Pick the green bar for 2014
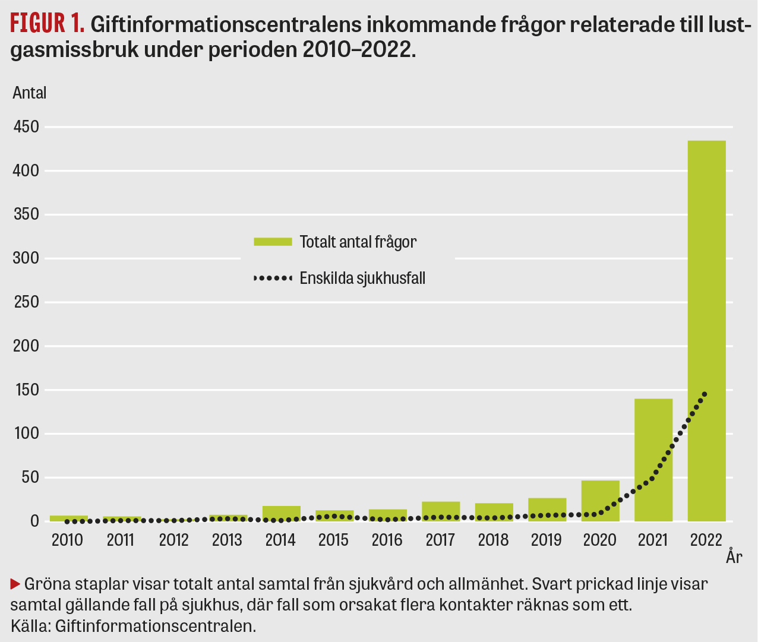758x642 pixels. tap(282, 514)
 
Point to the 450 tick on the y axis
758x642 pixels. tap(26, 127)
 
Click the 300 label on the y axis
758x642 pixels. tap(26, 258)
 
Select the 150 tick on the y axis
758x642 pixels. tap(26, 390)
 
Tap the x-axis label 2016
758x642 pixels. tap(387, 540)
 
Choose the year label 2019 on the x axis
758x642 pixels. tap(547, 540)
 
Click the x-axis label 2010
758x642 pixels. tap(67, 540)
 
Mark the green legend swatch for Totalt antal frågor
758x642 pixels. tap(273, 242)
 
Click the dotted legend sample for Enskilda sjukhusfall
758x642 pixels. tap(273, 277)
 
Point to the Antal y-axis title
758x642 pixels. tap(30, 93)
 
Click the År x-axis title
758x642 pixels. tap(734, 557)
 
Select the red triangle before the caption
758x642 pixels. tap(15, 584)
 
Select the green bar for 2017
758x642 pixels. tap(441, 511)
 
